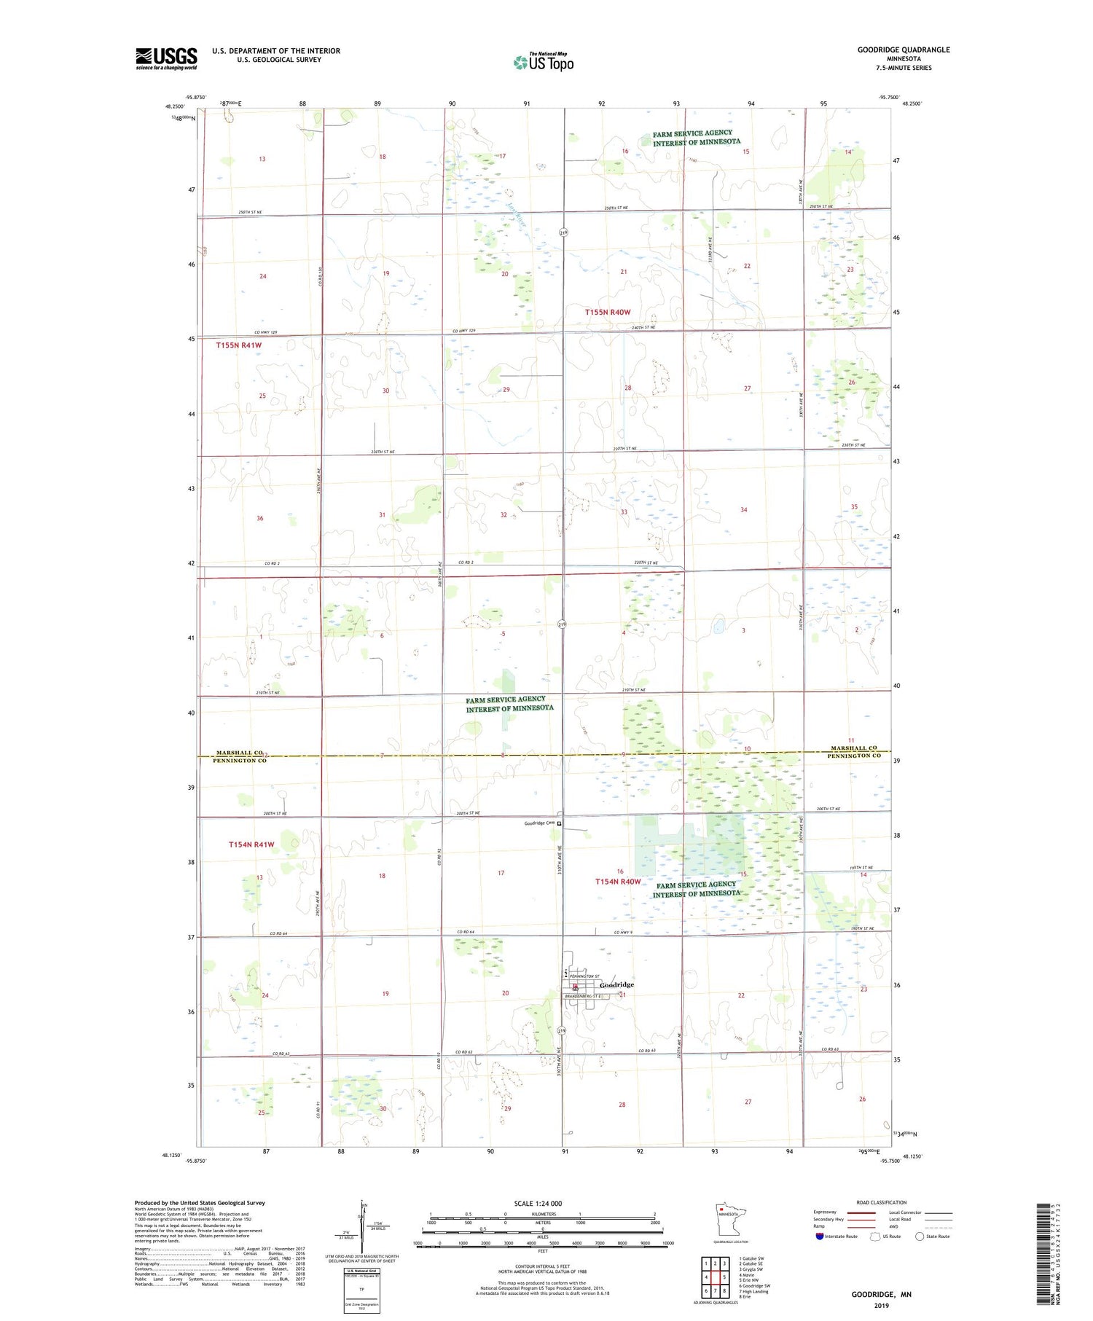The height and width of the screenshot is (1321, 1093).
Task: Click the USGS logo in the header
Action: (x=166, y=58)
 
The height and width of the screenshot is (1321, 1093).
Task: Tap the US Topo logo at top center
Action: (x=543, y=63)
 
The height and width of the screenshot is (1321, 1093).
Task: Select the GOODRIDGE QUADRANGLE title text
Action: (x=904, y=50)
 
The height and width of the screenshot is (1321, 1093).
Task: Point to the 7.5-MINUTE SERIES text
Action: (x=904, y=68)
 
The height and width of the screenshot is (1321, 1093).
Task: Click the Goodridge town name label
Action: (x=616, y=984)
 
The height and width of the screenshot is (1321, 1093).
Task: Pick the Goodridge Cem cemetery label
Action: (x=540, y=823)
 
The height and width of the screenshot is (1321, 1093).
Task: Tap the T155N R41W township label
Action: (x=238, y=345)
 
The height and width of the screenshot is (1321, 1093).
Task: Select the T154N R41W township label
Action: (x=251, y=844)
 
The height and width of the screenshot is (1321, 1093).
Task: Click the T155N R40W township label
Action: (x=608, y=312)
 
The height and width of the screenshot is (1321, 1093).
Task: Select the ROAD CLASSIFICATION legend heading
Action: (x=882, y=1202)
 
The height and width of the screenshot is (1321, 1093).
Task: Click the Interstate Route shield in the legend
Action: (x=820, y=1236)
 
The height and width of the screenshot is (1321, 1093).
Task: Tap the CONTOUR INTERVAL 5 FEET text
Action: (x=542, y=1267)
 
